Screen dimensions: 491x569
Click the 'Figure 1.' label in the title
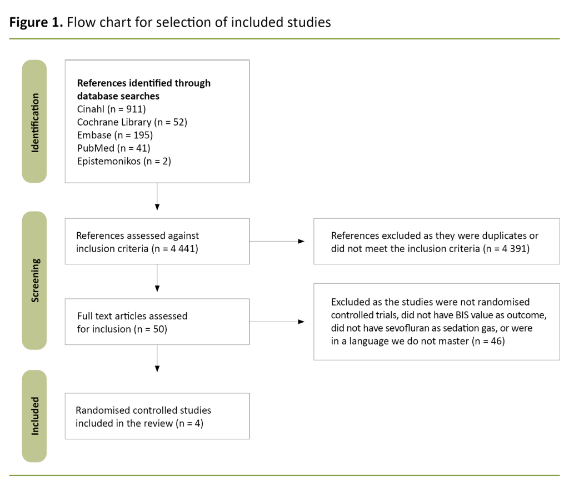coord(36,22)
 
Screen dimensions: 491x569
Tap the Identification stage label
coord(34,121)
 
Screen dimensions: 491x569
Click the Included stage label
coord(34,415)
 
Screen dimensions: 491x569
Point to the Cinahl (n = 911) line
coord(111,109)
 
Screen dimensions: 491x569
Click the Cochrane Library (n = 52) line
coord(132,122)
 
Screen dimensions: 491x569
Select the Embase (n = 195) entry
coord(114,134)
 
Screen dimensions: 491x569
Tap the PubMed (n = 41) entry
coord(113,148)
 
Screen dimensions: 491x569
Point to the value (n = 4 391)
coord(510,248)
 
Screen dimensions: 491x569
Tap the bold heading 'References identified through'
coord(143,83)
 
